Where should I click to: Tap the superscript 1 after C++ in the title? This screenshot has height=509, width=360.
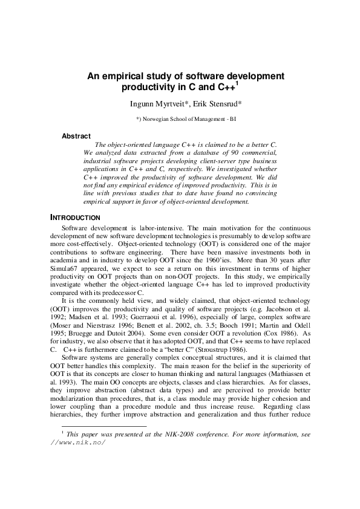tap(237, 84)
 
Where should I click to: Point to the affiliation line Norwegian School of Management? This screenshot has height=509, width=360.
tap(190, 120)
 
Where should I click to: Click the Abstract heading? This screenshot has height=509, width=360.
tap(76, 136)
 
